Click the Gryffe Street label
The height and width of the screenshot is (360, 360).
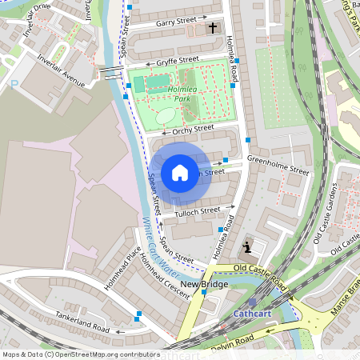click(x=178, y=60)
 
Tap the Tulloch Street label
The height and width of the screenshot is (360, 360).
click(x=198, y=211)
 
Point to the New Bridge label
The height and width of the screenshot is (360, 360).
click(x=204, y=285)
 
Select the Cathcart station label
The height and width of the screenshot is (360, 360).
click(x=252, y=314)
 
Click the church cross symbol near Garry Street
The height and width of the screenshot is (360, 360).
click(x=213, y=28)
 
